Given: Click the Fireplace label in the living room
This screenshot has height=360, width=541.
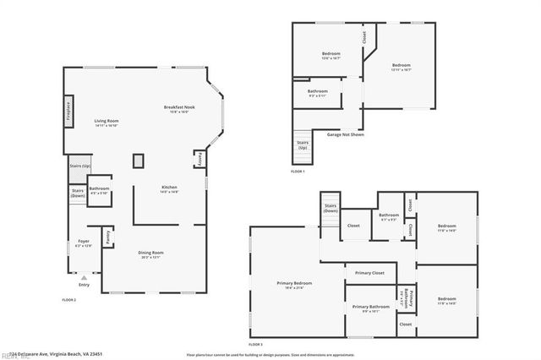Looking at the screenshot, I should click(x=68, y=113).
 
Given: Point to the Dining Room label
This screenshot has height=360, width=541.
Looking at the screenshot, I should click(x=151, y=253).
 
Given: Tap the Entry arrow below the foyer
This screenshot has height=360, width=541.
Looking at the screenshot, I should click(x=83, y=276).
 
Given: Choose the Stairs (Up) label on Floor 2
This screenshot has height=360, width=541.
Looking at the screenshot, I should click(x=79, y=166).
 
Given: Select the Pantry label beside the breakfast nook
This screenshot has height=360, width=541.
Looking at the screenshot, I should click(x=199, y=159).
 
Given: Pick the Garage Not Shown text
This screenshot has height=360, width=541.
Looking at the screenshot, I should click(x=346, y=134).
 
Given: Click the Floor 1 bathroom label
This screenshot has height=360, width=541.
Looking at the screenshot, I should click(x=318, y=91).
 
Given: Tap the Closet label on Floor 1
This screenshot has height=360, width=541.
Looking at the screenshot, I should click(x=364, y=37).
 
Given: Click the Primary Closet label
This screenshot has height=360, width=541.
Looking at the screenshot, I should click(x=369, y=273).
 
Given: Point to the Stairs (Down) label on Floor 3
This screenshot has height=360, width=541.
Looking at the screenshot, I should click(x=330, y=208).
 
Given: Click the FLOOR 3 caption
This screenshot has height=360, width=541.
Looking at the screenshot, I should click(x=255, y=345).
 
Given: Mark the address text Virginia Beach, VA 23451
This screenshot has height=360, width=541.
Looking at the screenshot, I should click(x=72, y=355).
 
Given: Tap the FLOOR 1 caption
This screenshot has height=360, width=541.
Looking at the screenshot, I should click(x=298, y=172).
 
